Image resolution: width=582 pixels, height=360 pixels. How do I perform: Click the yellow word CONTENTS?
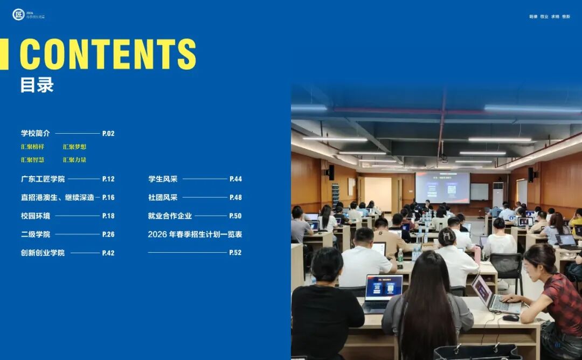pyautogui.click(x=108, y=54)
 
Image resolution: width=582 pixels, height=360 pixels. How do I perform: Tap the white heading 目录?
pyautogui.click(x=37, y=85)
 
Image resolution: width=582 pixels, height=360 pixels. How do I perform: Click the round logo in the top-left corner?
pyautogui.click(x=18, y=15)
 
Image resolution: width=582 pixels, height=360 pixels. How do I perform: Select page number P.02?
pyautogui.click(x=108, y=134)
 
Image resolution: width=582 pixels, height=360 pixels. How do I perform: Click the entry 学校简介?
pyautogui.click(x=36, y=133)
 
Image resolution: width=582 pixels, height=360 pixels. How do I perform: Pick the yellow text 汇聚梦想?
pyautogui.click(x=74, y=147)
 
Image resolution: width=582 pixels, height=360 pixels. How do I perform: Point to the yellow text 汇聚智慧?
pyautogui.click(x=32, y=160)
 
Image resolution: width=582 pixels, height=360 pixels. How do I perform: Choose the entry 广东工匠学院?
pyautogui.click(x=43, y=179)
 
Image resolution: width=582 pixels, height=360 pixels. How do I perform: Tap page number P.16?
pyautogui.click(x=108, y=198)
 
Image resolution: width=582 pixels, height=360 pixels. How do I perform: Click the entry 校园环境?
pyautogui.click(x=36, y=216)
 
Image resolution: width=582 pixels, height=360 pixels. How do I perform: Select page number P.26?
pyautogui.click(x=108, y=234)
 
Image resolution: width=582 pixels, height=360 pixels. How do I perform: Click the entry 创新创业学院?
pyautogui.click(x=43, y=253)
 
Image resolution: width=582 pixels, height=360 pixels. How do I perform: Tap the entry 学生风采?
pyautogui.click(x=163, y=179)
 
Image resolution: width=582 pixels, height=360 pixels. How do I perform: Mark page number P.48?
pyautogui.click(x=235, y=198)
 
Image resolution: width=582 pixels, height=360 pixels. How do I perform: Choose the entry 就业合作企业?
pyautogui.click(x=170, y=216)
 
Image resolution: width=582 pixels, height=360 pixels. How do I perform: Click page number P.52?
pyautogui.click(x=235, y=253)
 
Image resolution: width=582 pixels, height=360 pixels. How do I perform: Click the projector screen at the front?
pyautogui.click(x=442, y=187)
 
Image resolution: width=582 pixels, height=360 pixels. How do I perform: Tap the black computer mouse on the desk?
pyautogui.click(x=510, y=317)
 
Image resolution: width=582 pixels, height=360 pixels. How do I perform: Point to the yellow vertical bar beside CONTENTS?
pyautogui.click(x=4, y=54)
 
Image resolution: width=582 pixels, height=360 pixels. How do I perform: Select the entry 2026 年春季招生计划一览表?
pyautogui.click(x=195, y=234)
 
